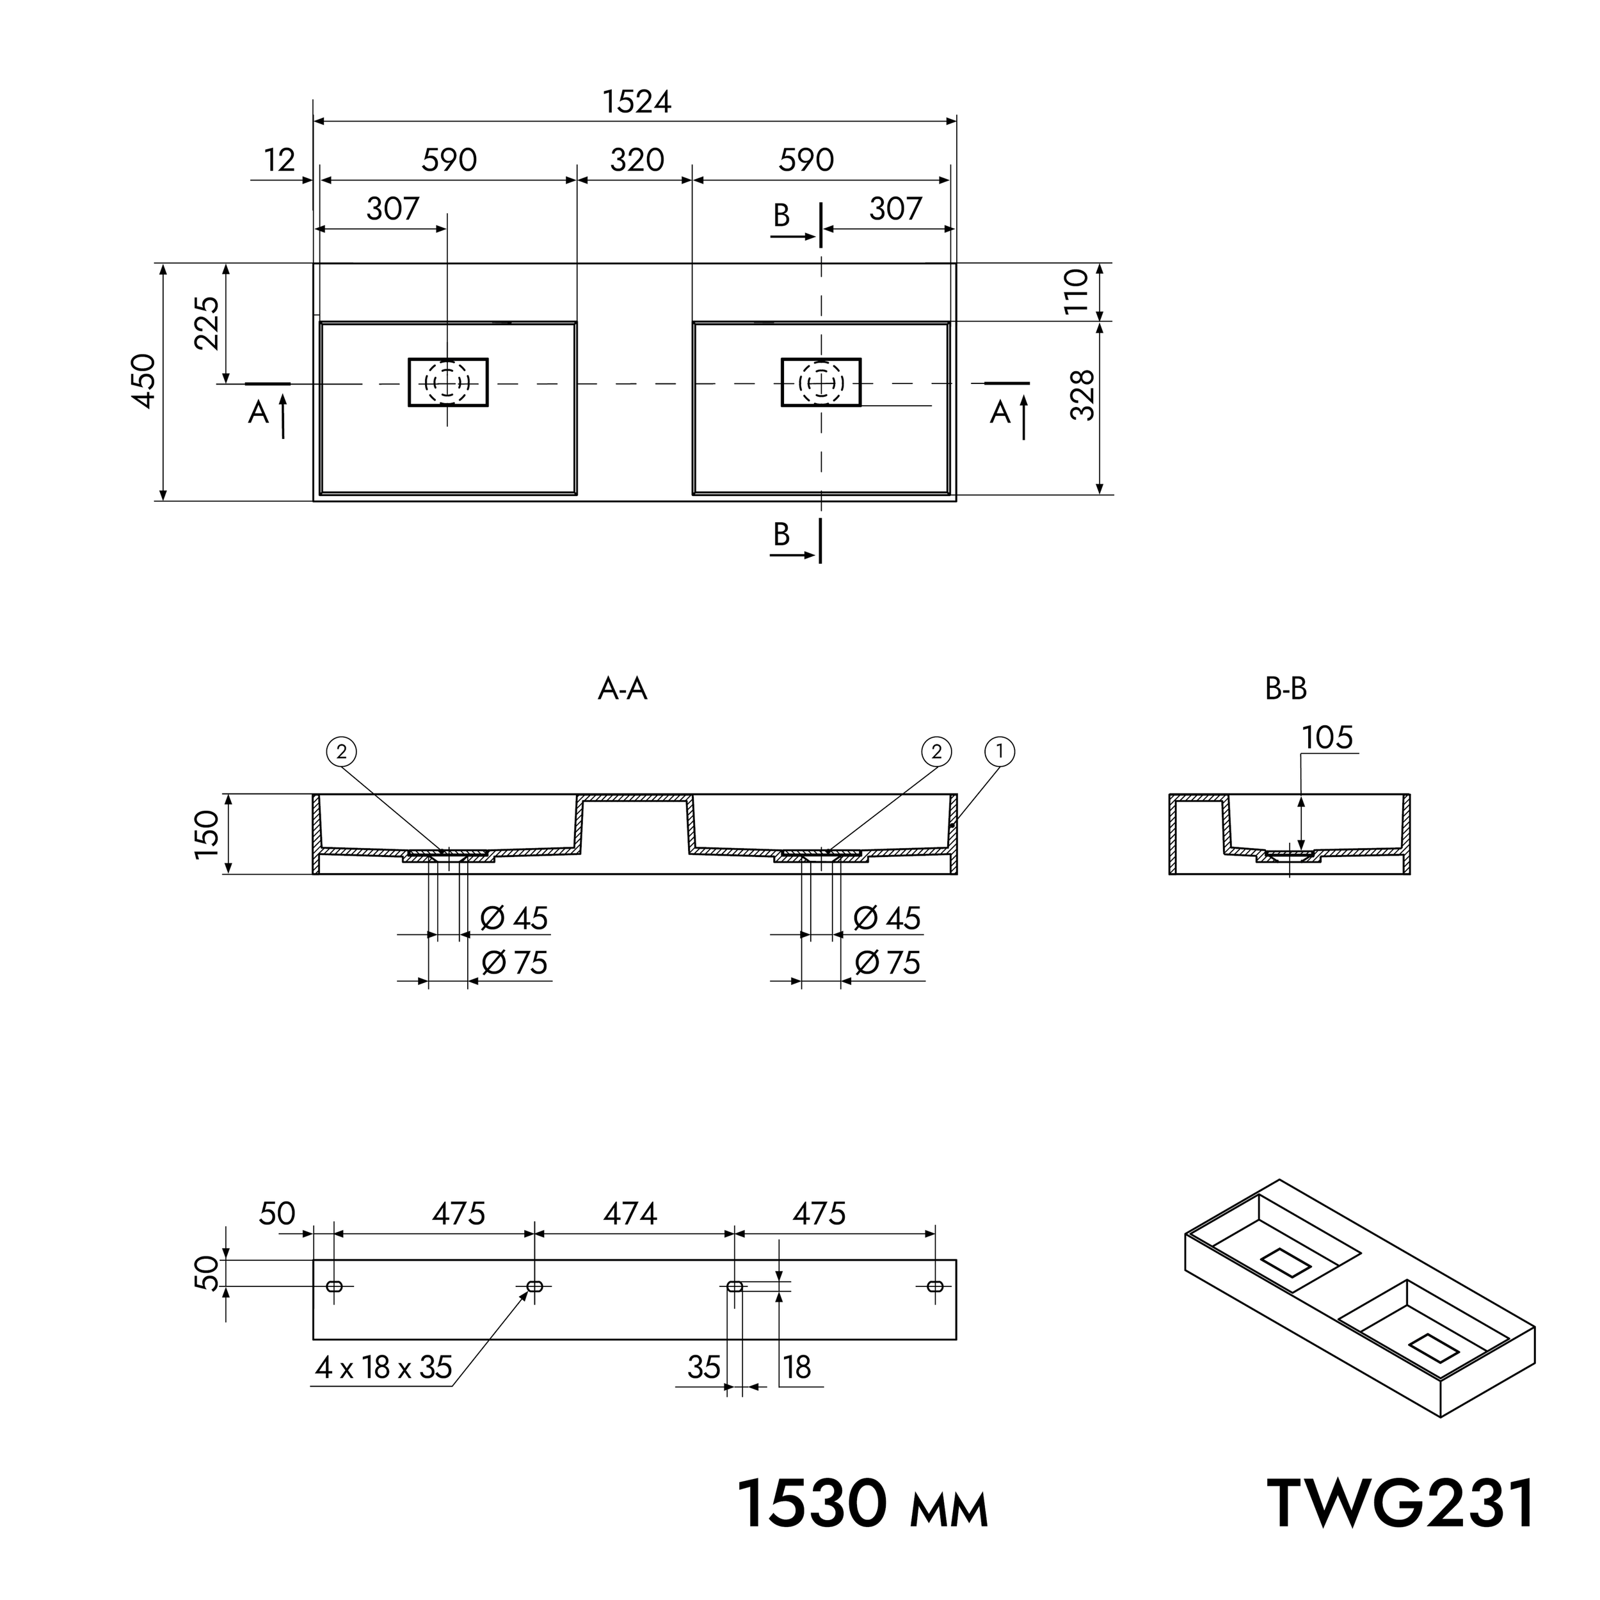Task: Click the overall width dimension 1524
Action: (636, 102)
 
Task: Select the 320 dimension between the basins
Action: (637, 160)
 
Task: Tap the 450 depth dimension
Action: (144, 380)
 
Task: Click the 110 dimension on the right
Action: (1076, 290)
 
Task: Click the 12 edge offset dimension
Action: (280, 160)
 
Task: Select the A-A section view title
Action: (622, 689)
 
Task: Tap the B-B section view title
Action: (1285, 689)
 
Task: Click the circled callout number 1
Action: (1000, 752)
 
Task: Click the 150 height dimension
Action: (207, 834)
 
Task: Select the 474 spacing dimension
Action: (630, 1214)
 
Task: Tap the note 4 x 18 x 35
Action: (383, 1367)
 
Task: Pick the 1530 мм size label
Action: (862, 1504)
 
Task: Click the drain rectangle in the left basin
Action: (448, 383)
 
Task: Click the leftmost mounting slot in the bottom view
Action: (335, 1286)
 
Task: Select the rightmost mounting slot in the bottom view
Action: (935, 1286)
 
